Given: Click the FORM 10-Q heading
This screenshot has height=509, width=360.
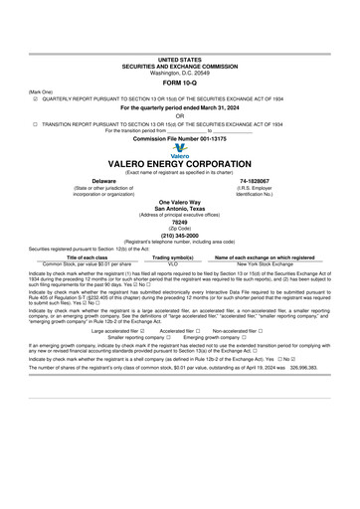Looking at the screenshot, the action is (x=179, y=82).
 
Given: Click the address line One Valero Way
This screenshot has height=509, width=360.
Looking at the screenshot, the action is (x=179, y=202).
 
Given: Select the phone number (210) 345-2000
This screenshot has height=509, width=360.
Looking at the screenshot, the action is (x=179, y=236).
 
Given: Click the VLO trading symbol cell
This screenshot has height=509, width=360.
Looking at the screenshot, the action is (x=172, y=263).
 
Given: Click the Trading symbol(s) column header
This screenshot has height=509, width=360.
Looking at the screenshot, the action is (x=172, y=256).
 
